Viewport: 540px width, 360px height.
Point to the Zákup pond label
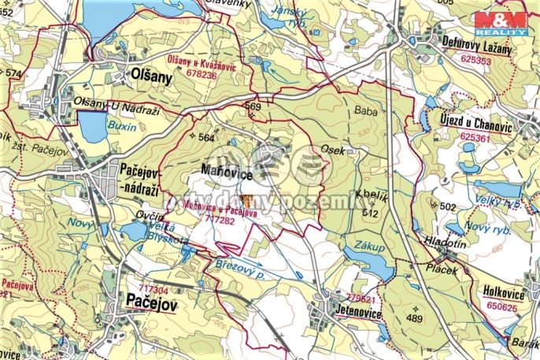369,247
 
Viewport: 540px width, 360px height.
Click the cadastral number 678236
192,76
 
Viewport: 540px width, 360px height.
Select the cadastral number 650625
501,307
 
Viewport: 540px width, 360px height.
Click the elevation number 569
253,106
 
